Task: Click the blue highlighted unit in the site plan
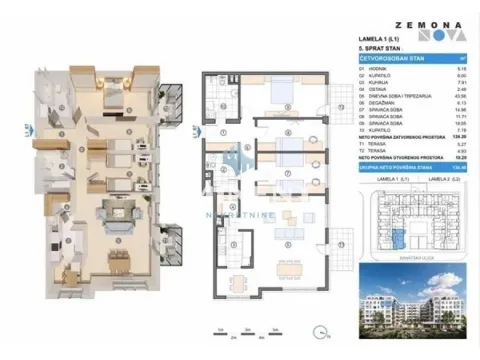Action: click(x=399, y=237)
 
